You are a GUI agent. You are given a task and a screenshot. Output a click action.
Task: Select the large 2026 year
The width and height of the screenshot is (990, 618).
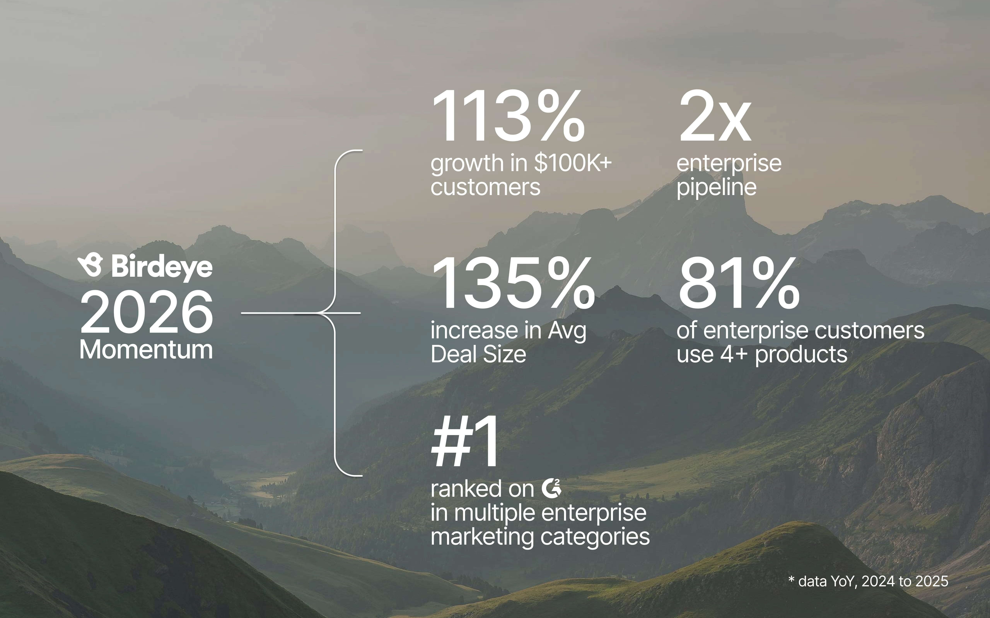coord(146,312)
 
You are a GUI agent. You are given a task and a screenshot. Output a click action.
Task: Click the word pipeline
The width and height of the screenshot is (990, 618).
coord(716,188)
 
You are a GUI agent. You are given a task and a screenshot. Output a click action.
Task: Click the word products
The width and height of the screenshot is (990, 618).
coord(801,354)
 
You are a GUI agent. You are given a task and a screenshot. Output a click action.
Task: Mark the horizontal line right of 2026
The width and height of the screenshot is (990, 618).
coord(301,313)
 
